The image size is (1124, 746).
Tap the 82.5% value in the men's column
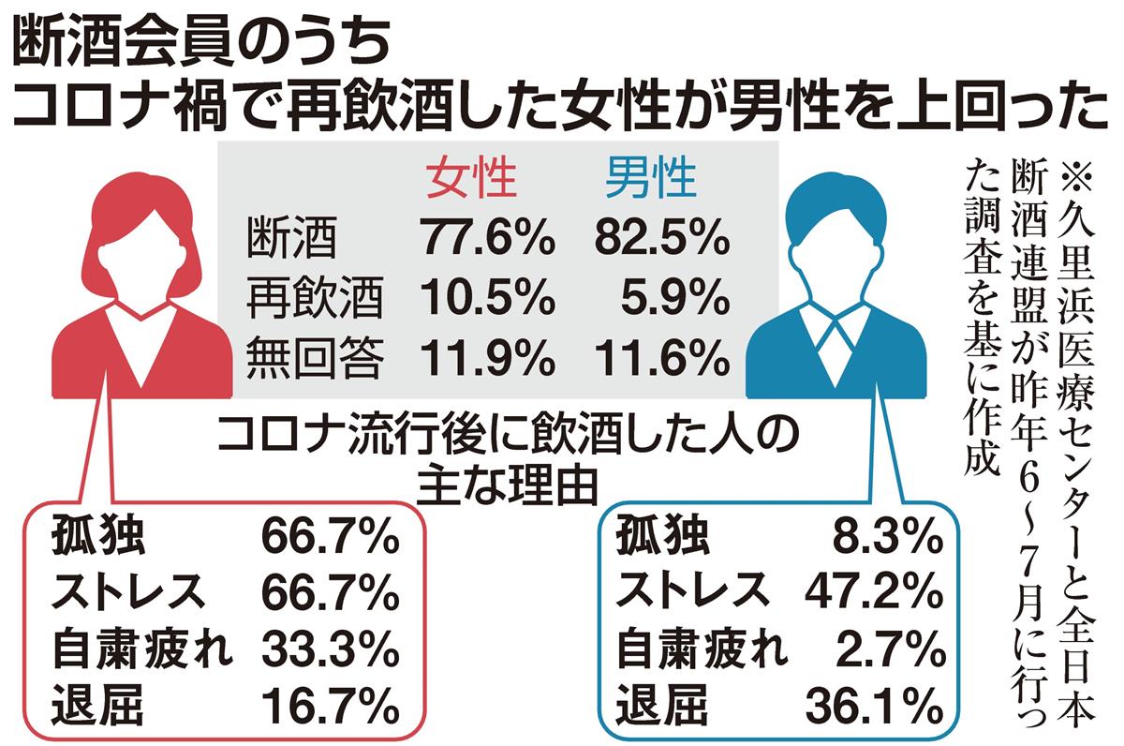(662, 239)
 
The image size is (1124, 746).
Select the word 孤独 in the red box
(98, 536)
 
